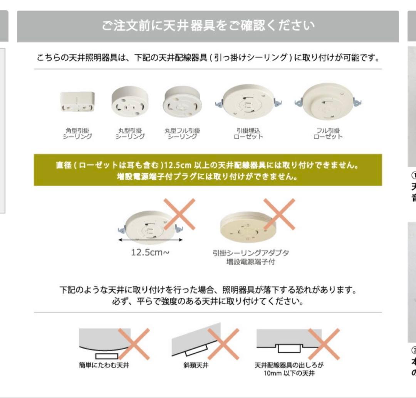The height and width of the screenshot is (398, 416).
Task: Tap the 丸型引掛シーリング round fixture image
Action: [130, 101]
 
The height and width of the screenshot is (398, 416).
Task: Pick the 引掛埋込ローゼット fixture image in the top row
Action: [248, 102]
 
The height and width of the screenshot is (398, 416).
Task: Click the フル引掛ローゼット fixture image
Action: [328, 101]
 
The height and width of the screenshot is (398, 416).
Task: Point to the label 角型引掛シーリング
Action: [77, 133]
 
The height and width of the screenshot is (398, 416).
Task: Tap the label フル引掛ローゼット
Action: [328, 133]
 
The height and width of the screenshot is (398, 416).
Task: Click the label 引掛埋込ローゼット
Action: [248, 133]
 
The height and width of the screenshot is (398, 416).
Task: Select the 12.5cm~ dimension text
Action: [150, 252]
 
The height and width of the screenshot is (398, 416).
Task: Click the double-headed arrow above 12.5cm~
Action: [151, 239]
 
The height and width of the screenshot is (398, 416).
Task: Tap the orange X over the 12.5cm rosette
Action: [179, 214]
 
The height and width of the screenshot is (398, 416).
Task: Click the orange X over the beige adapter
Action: [279, 214]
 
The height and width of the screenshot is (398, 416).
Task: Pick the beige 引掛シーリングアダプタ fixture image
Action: [248, 227]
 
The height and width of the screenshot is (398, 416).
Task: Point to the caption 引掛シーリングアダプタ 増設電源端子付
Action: [250, 257]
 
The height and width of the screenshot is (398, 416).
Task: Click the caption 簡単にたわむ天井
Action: [104, 365]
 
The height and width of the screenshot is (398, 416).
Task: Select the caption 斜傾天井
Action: [196, 365]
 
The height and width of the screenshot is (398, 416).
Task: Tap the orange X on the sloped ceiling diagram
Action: [223, 344]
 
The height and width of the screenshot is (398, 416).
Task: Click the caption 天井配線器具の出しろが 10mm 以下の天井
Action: [289, 369]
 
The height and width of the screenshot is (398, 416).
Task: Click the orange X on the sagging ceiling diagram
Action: [134, 344]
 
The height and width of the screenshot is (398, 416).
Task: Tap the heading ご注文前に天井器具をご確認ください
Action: [208, 25]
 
